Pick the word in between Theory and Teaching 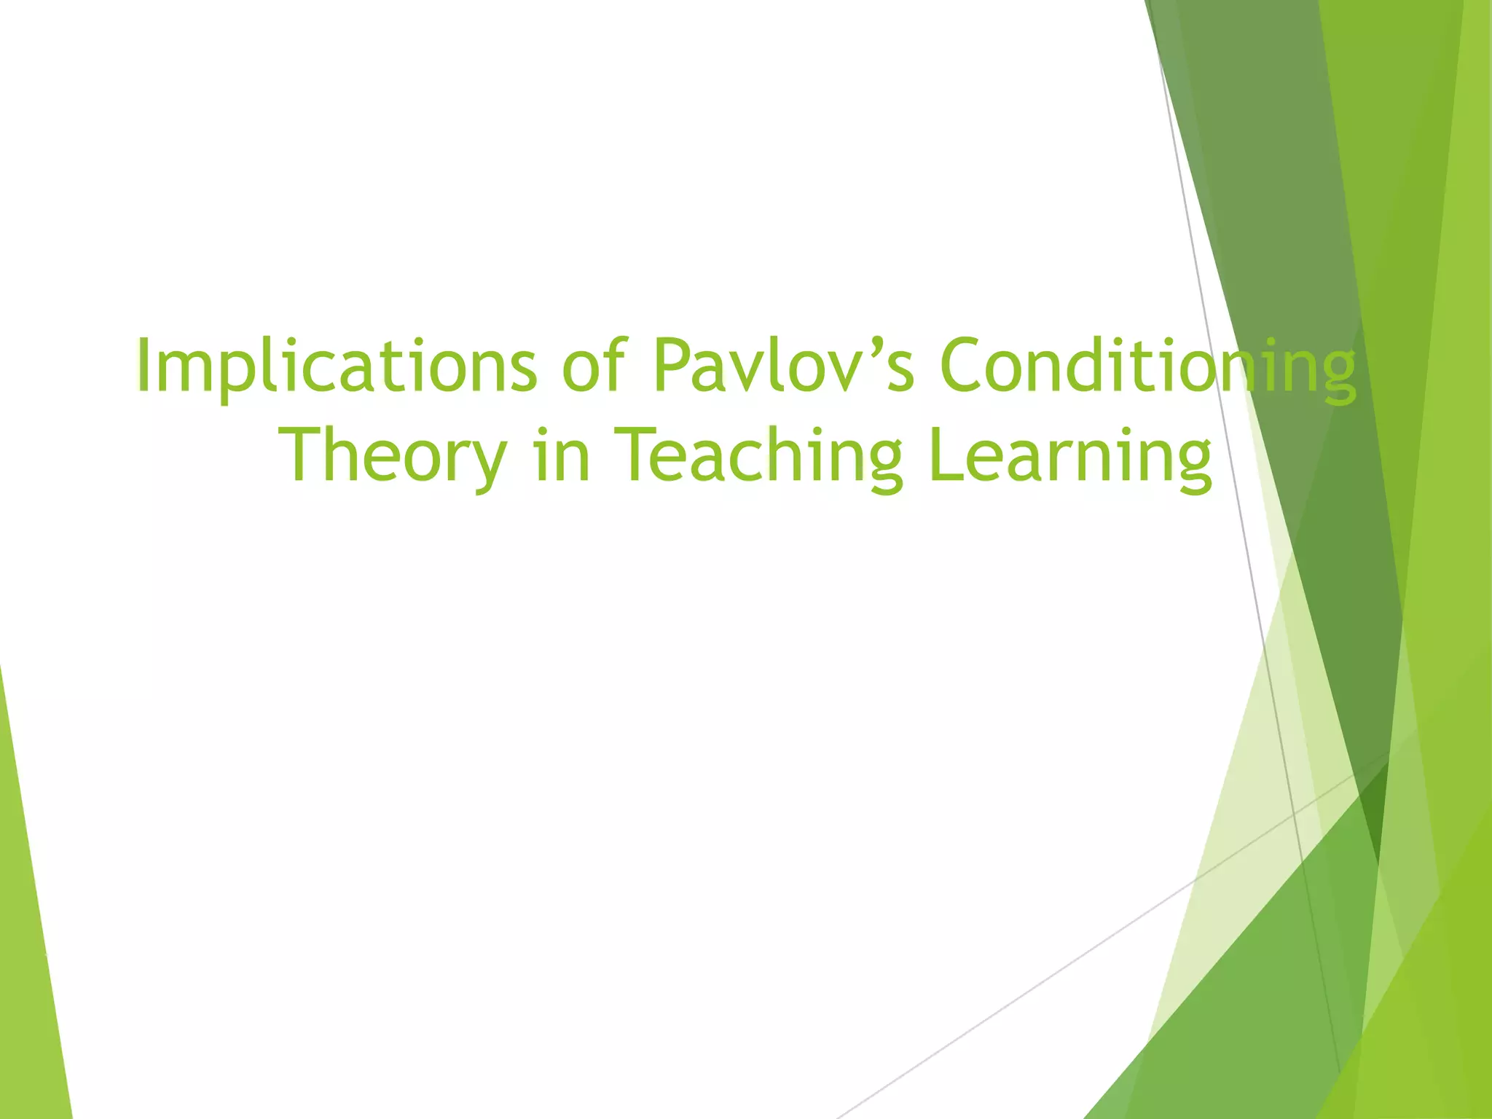tap(561, 457)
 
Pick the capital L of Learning tap(945, 455)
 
